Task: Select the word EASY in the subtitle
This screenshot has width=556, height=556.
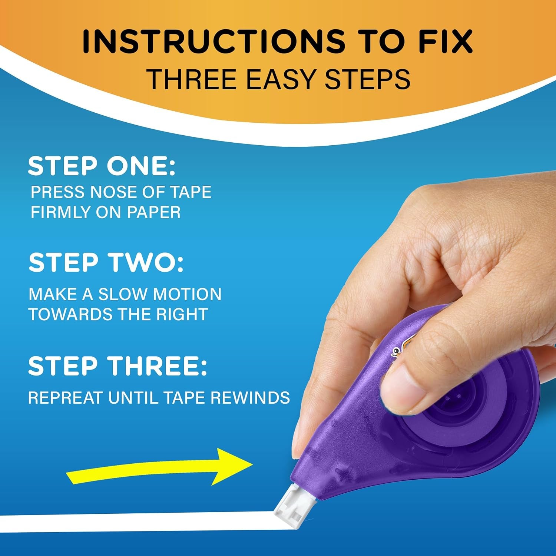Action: pyautogui.click(x=281, y=79)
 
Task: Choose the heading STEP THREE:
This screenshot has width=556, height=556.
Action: pyautogui.click(x=117, y=366)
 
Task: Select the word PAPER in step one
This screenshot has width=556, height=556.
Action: pyautogui.click(x=154, y=212)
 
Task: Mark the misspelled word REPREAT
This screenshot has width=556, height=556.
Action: pyautogui.click(x=65, y=398)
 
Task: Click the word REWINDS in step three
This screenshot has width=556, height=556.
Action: pyautogui.click(x=250, y=398)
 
